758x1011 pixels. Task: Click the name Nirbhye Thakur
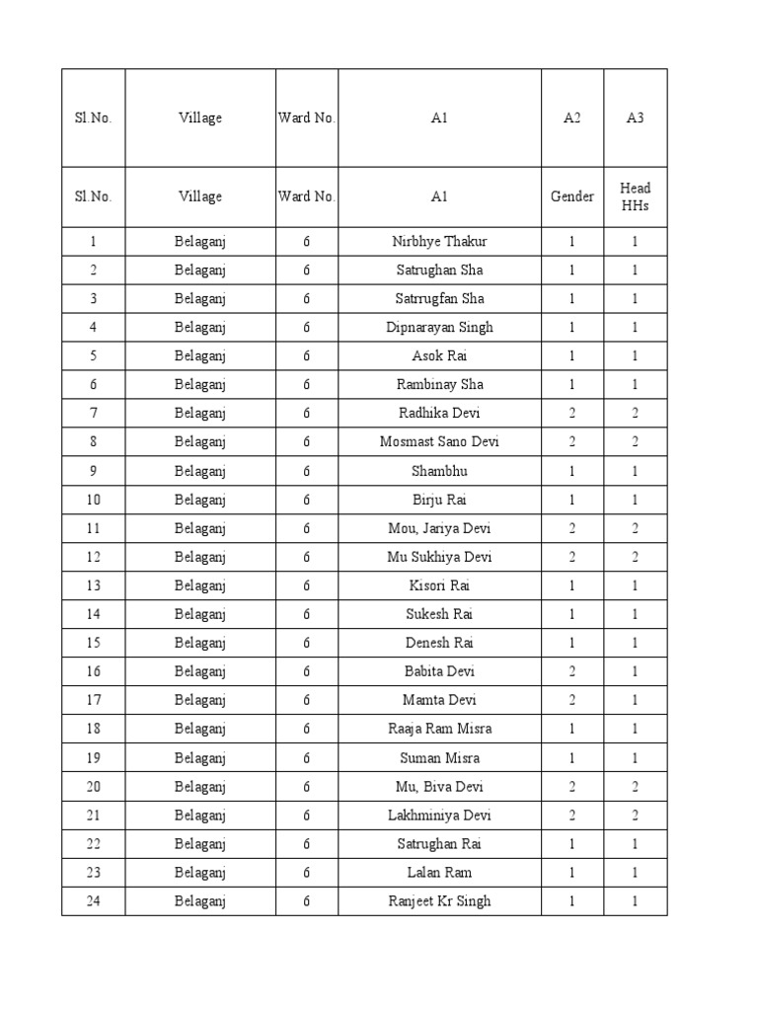[x=439, y=241]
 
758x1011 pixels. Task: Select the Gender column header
[x=572, y=196]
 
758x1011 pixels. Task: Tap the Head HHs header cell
[x=636, y=196]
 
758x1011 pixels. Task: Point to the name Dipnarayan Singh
[x=439, y=327]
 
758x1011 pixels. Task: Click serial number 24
[x=93, y=900]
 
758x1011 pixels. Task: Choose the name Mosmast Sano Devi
[x=439, y=441]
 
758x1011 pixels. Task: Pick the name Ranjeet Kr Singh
[x=439, y=900]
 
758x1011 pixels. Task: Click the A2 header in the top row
[x=572, y=117]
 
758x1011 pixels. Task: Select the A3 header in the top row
[x=636, y=117]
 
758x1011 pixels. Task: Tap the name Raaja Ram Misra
[x=439, y=729]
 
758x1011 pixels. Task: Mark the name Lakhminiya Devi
[x=439, y=815]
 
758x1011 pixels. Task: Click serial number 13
[x=93, y=585]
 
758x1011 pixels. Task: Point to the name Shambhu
[x=439, y=471]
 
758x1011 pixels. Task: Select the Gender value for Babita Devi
[x=572, y=671]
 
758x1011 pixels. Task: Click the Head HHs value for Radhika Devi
[x=636, y=413]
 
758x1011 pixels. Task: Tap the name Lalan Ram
[x=439, y=872]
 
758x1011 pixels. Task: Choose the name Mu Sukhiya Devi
[x=439, y=557]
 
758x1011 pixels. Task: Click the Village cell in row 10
[x=200, y=500]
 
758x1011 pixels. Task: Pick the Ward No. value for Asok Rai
[x=307, y=355]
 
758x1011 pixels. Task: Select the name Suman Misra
[x=439, y=757]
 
